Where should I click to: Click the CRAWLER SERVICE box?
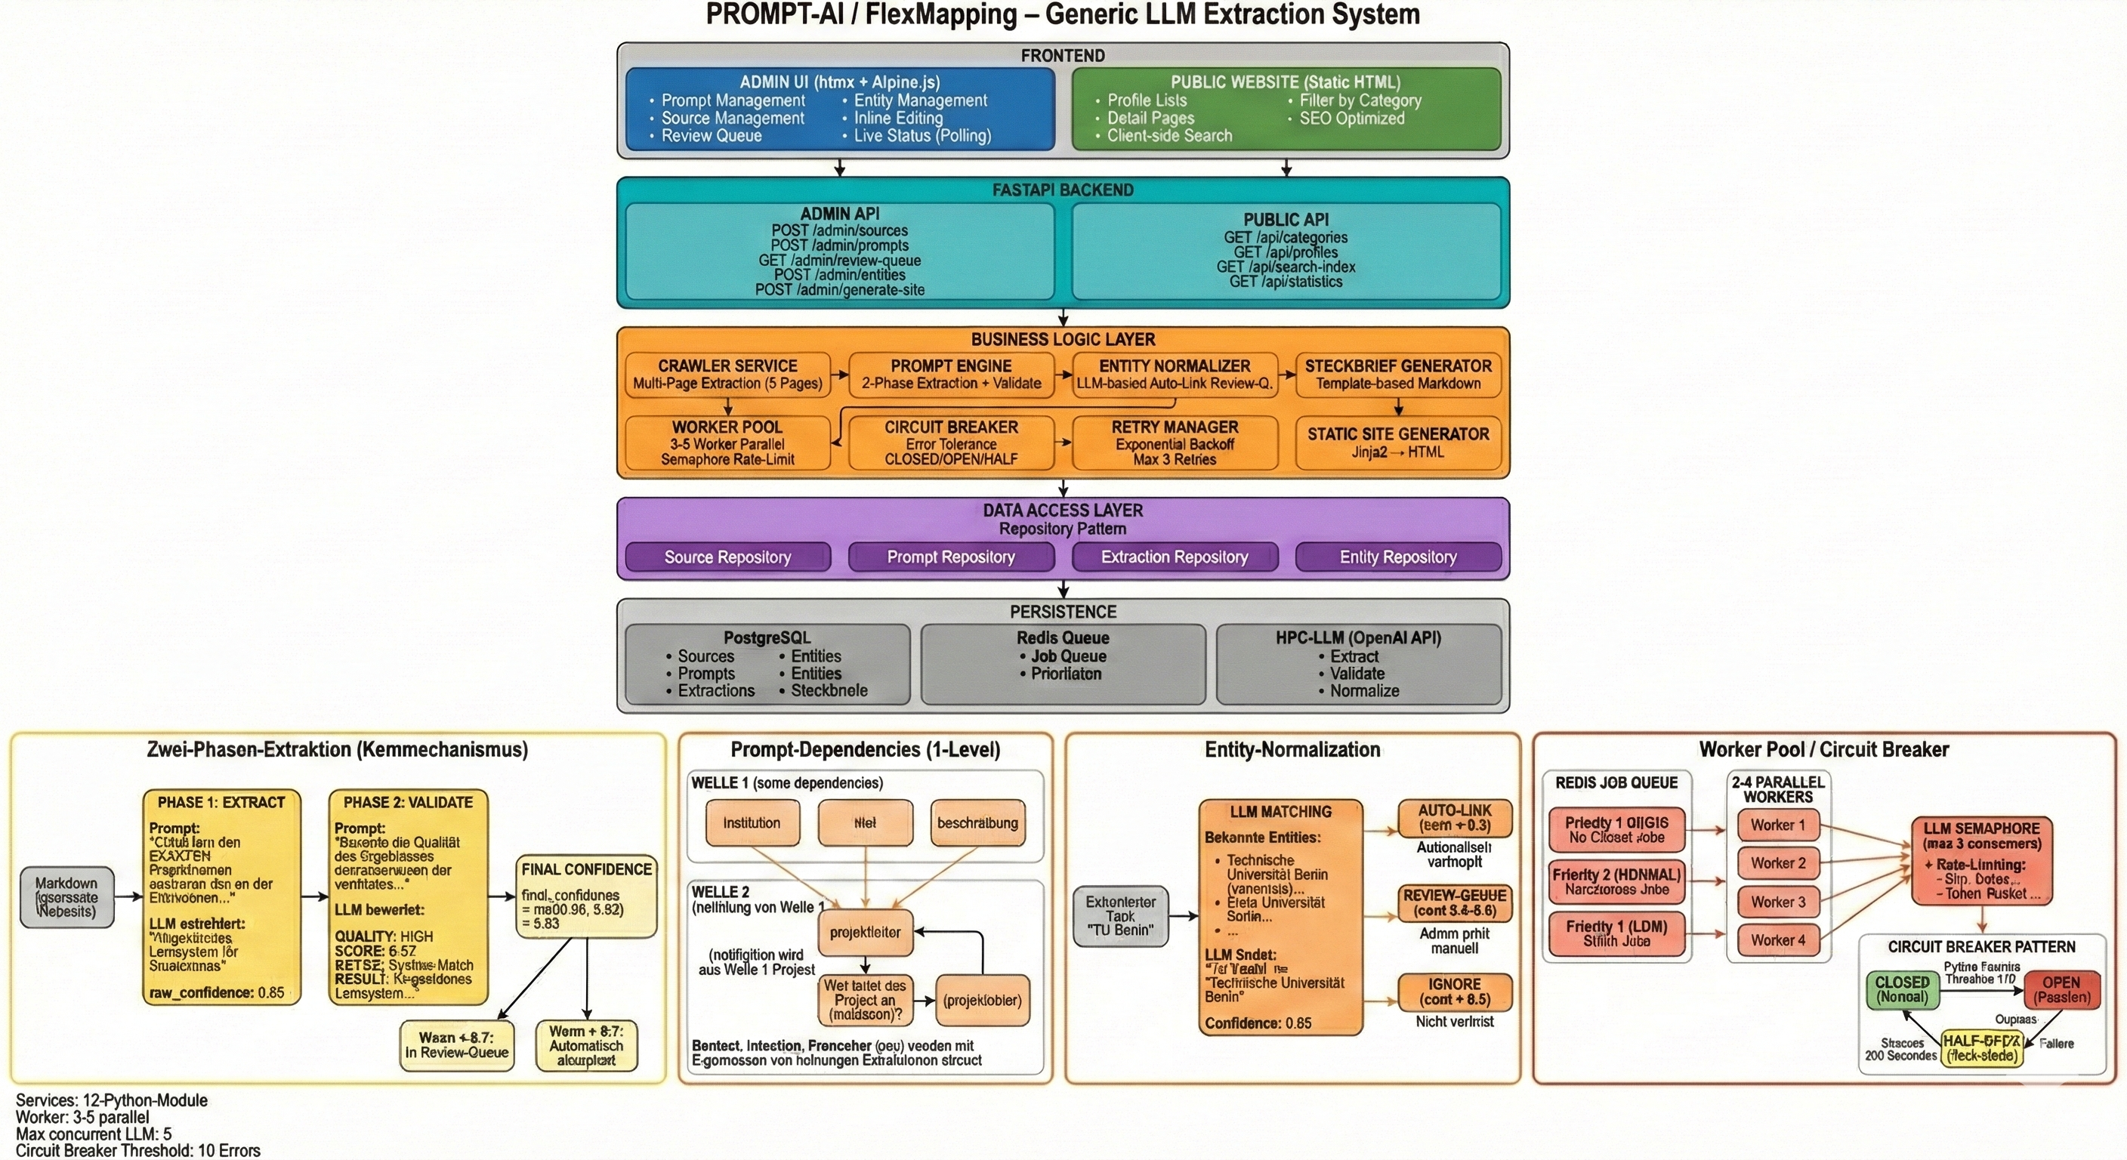727,375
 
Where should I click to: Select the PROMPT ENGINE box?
951,375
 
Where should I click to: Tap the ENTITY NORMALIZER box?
1174,375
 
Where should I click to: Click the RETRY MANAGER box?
1174,443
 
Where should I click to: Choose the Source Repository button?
727,557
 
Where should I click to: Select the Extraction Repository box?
1174,557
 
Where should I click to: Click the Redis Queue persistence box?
1063,664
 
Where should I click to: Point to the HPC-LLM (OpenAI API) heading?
1358,638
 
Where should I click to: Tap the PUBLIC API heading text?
1286,220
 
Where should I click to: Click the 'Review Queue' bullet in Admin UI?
711,136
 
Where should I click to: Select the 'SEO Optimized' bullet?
1352,118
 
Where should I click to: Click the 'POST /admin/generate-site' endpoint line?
840,290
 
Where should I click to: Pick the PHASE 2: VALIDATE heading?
408,803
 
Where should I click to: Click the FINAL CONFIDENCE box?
586,896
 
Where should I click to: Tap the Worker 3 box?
1778,902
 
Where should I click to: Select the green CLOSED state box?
1903,989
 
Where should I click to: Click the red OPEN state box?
2061,989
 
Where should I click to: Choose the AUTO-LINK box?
1454,817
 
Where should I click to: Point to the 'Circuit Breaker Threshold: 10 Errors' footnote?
138,1151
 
